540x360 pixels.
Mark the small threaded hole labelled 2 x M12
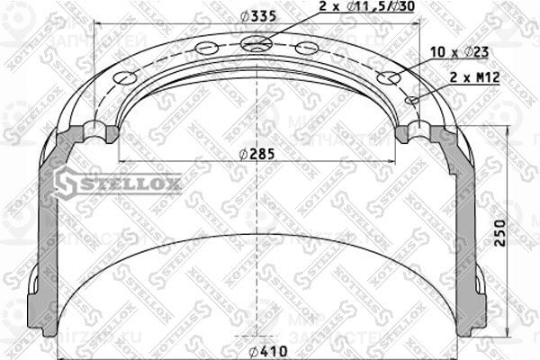(x=412, y=100)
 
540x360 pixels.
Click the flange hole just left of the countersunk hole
(x=208, y=49)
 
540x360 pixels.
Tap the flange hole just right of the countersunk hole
(x=308, y=49)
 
